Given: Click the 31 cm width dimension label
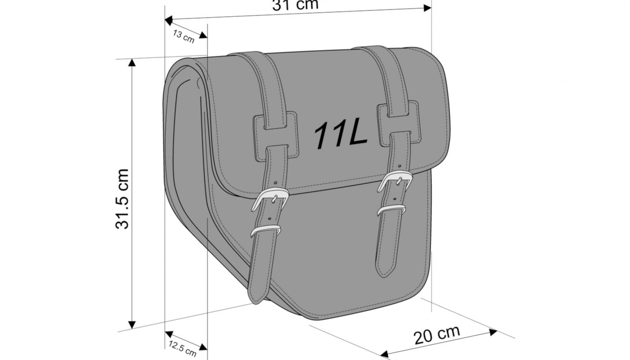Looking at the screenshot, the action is pyautogui.click(x=295, y=5).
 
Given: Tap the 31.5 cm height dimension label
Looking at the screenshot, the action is pyautogui.click(x=122, y=199).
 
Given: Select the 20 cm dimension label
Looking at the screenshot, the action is pyautogui.click(x=437, y=335).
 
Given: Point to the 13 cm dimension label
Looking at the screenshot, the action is pyautogui.click(x=184, y=36).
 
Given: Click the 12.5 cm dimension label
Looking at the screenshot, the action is pyautogui.click(x=182, y=348).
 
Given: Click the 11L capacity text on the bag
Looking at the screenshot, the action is pyautogui.click(x=341, y=135).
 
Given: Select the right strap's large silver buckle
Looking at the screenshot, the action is pyautogui.click(x=394, y=180).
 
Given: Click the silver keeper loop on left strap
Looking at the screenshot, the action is pyautogui.click(x=265, y=230).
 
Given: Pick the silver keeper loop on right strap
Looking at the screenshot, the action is pyautogui.click(x=391, y=210).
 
